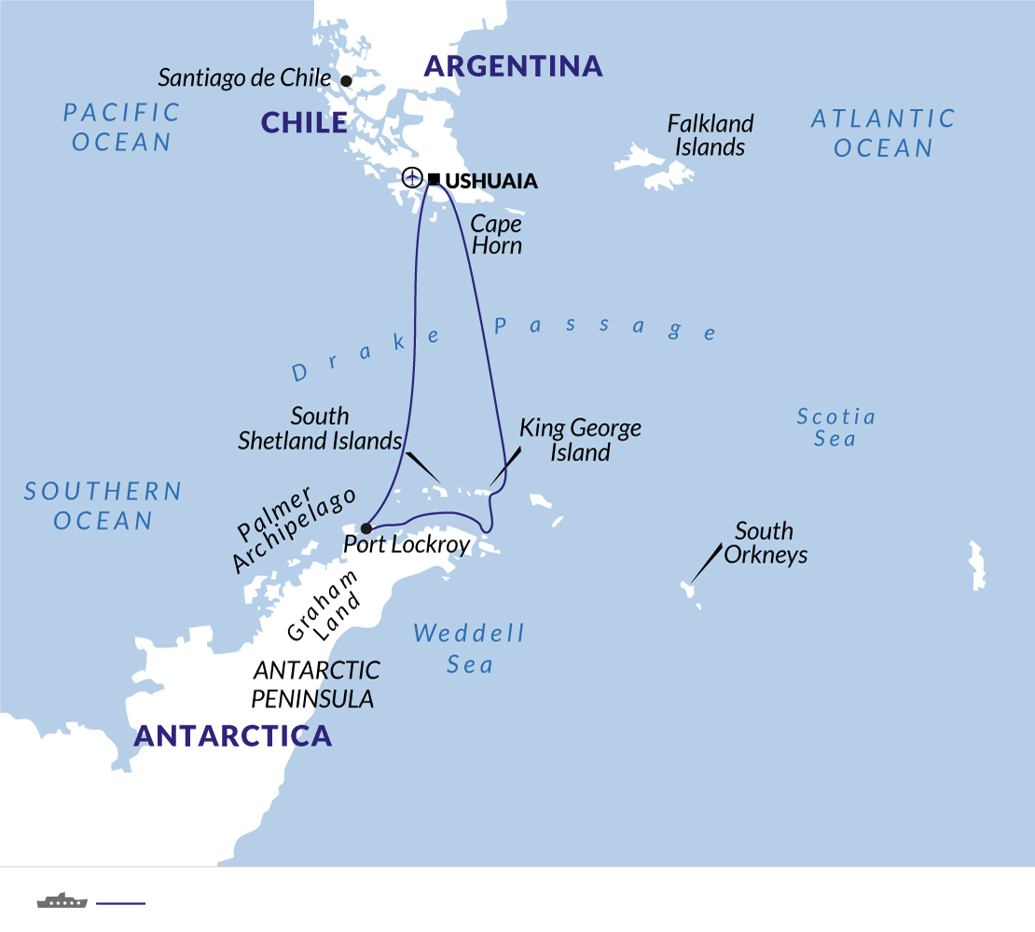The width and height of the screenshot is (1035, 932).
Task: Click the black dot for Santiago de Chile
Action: pos(346,81)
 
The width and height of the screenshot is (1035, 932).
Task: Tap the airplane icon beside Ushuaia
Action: pos(412,177)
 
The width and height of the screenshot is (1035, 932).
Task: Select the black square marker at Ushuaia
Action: pos(434,177)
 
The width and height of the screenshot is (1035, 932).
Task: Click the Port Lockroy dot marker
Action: pos(366,528)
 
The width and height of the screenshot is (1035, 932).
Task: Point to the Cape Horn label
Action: pos(495,235)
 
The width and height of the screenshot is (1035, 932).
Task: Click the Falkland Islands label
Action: pos(710,135)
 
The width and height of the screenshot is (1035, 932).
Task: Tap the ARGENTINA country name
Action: pos(513,66)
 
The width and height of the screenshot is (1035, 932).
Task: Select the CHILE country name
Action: pos(304,122)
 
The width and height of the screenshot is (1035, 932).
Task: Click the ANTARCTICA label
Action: pos(233,735)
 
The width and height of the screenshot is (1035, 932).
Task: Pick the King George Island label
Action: pos(580,440)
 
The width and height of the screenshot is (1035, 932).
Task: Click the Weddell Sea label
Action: pos(469,649)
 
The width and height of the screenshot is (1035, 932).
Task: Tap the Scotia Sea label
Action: pos(835,427)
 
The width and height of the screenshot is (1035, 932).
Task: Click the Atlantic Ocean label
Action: pos(883,133)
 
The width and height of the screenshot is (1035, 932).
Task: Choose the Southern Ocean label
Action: pos(103,505)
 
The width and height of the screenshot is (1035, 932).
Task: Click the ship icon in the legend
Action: pos(62,900)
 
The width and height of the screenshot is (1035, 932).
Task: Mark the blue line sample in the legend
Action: pos(121,902)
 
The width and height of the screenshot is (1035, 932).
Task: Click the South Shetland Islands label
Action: pos(320,428)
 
